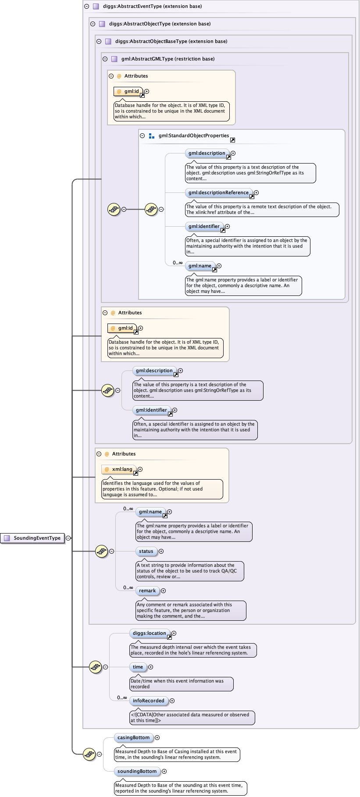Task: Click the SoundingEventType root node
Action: [x=33, y=538]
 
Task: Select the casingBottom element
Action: [x=134, y=738]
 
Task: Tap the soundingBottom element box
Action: [x=137, y=772]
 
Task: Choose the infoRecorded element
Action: [x=149, y=701]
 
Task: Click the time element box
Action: [x=138, y=667]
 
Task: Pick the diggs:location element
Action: [x=150, y=633]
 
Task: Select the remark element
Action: [x=147, y=591]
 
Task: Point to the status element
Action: [x=146, y=551]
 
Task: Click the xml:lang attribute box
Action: [x=119, y=470]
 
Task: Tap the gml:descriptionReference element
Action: [x=218, y=193]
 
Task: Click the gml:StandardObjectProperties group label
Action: [x=193, y=136]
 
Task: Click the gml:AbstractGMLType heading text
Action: [x=168, y=59]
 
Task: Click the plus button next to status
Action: [x=161, y=551]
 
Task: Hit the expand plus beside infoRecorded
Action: [x=172, y=701]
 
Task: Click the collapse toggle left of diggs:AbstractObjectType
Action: [x=93, y=24]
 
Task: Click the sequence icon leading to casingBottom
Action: [x=89, y=754]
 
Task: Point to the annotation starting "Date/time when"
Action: [x=181, y=684]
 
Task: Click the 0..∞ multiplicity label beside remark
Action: [x=128, y=587]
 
